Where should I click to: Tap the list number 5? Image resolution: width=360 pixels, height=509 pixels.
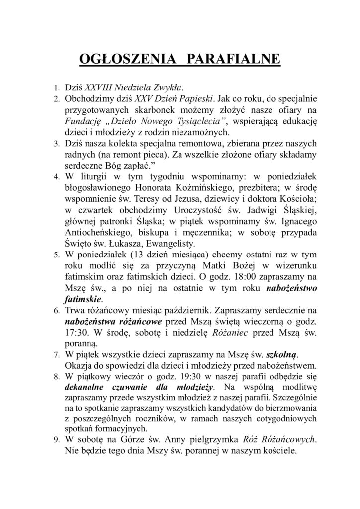click(57, 254)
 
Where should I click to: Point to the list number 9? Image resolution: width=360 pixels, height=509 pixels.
click(57, 440)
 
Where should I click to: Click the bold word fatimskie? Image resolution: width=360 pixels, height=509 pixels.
click(83, 300)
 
